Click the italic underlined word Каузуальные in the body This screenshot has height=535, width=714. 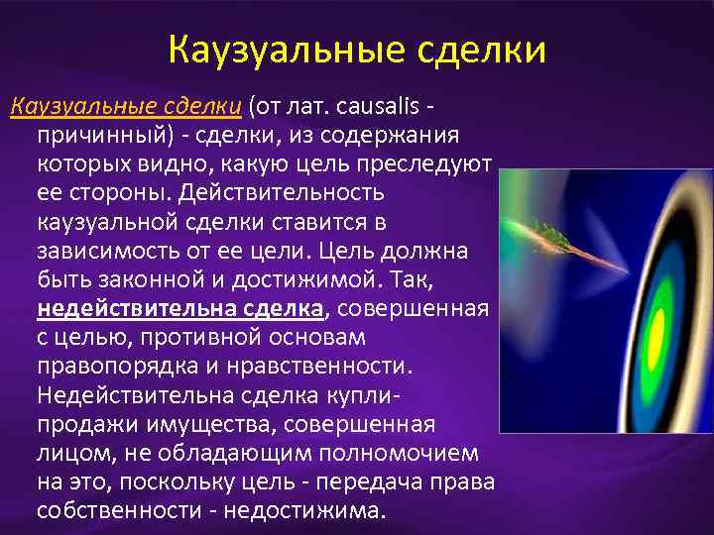[x=71, y=106]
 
